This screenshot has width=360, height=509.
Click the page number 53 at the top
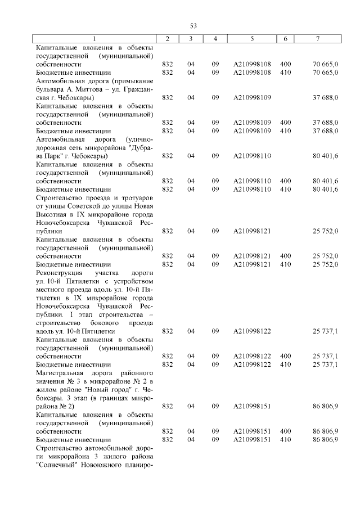pos(193,26)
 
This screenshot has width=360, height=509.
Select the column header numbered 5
pos(251,38)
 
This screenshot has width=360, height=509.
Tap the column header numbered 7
pos(318,38)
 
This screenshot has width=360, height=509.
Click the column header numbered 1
pos(94,38)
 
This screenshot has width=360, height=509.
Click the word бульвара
pos(50,89)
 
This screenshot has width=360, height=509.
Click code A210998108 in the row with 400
pos(251,64)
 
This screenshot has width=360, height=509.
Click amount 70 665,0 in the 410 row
pos(325,73)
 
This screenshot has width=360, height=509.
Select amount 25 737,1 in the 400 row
pos(325,356)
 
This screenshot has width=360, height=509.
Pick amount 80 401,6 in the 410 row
pos(325,189)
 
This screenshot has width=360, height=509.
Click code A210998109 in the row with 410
pos(251,130)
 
